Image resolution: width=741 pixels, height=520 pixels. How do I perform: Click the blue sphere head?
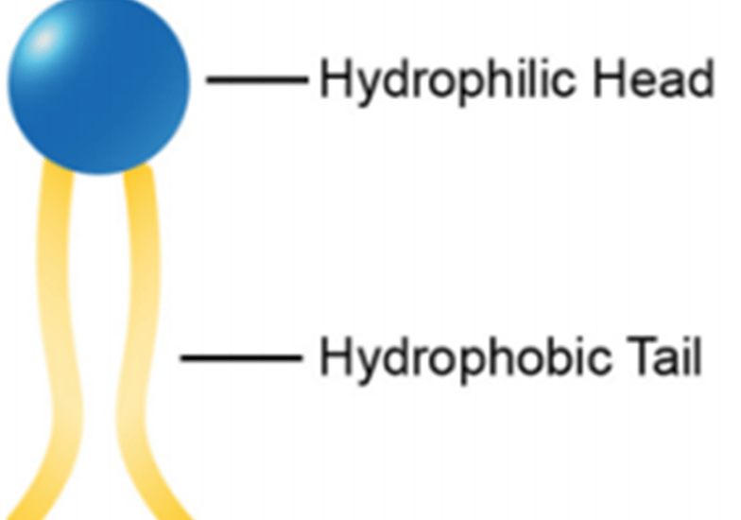click(x=98, y=85)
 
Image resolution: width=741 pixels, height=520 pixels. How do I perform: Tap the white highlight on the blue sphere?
click(x=43, y=40)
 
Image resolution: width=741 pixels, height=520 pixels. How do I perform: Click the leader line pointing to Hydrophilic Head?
click(x=257, y=79)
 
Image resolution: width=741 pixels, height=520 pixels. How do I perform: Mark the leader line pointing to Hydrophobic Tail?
click(x=241, y=358)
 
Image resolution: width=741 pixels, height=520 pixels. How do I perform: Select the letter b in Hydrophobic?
click(x=531, y=357)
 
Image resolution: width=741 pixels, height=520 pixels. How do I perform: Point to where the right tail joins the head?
click(x=138, y=168)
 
